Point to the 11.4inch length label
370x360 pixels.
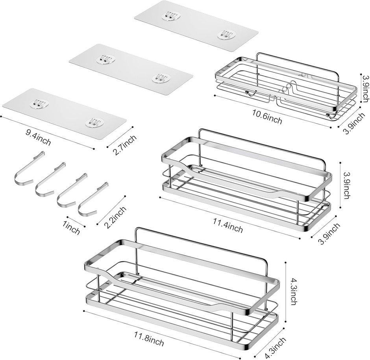point(228,225)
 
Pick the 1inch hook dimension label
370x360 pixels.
point(71,228)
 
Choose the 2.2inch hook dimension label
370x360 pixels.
point(115,217)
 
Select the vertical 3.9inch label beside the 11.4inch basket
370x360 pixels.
point(347,185)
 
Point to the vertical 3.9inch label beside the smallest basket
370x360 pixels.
point(366,88)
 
